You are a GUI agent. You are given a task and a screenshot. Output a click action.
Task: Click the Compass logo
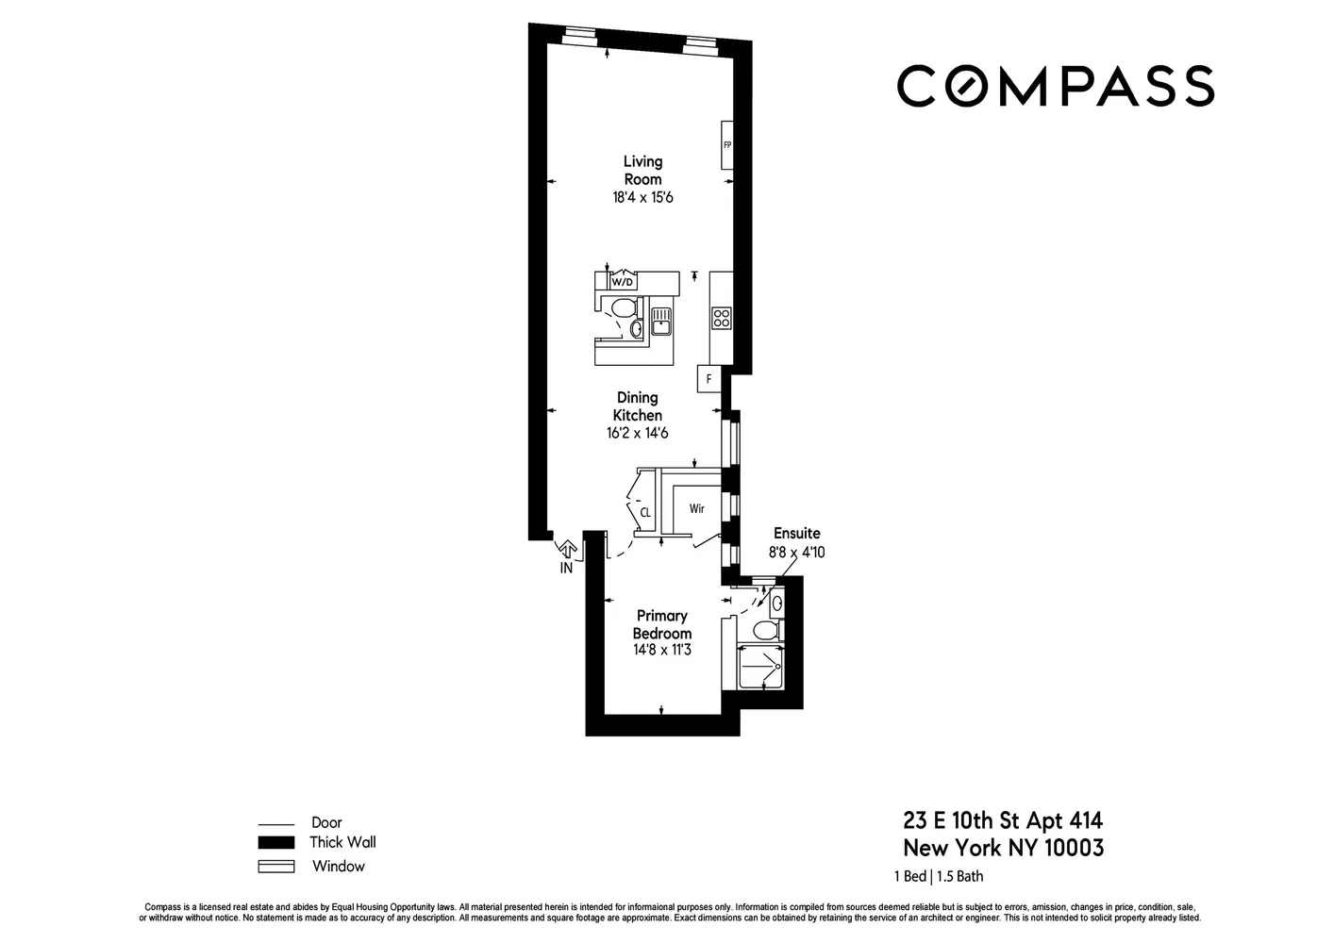pyautogui.click(x=1055, y=86)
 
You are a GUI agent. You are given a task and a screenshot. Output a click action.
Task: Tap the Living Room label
pyautogui.click(x=642, y=171)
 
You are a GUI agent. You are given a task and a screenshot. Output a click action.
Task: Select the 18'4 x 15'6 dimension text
pyautogui.click(x=642, y=198)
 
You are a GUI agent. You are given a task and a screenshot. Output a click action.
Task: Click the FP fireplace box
pyautogui.click(x=727, y=145)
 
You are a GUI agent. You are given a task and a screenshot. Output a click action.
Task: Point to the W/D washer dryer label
pyautogui.click(x=623, y=281)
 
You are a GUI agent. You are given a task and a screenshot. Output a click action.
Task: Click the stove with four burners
pyautogui.click(x=722, y=318)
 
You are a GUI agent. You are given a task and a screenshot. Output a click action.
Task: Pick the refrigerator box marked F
pyautogui.click(x=709, y=379)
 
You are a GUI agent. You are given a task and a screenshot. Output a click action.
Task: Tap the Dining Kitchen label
pyautogui.click(x=638, y=406)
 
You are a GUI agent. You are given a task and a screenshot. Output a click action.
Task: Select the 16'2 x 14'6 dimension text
pyautogui.click(x=638, y=434)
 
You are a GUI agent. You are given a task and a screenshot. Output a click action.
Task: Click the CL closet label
pyautogui.click(x=645, y=513)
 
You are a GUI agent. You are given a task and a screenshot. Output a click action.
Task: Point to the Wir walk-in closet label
pyautogui.click(x=696, y=509)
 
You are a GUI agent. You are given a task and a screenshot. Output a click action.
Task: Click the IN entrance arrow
pyautogui.click(x=567, y=556)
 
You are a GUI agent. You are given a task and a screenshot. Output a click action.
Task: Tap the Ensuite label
pyautogui.click(x=797, y=533)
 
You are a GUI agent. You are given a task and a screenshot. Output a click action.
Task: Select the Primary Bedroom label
pyautogui.click(x=662, y=624)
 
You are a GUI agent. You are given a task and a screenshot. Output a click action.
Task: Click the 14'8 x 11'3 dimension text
pyautogui.click(x=662, y=650)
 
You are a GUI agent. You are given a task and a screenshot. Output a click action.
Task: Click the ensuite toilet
pyautogui.click(x=767, y=629)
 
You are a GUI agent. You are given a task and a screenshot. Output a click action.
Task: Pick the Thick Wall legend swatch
pyautogui.click(x=276, y=843)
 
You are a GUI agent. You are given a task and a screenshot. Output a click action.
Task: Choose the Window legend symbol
pyautogui.click(x=276, y=867)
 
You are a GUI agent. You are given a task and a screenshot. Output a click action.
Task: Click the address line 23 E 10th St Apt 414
pyautogui.click(x=1003, y=820)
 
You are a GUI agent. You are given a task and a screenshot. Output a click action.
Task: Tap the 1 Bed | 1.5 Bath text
pyautogui.click(x=939, y=876)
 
